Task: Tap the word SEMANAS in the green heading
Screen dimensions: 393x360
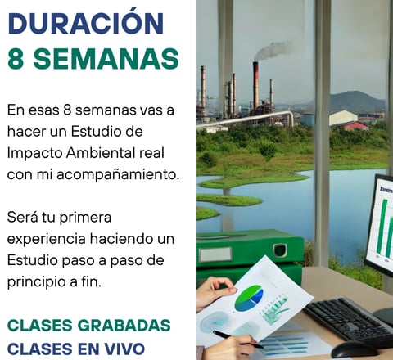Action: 106,59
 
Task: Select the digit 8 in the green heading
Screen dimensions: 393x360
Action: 16,59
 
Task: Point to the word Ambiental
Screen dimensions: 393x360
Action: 102,153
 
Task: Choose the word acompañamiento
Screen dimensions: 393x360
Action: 118,175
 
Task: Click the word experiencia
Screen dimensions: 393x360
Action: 47,240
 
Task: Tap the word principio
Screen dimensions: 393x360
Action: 37,282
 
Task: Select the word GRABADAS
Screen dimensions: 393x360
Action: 124,326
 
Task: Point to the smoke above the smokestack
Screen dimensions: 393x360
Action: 273,51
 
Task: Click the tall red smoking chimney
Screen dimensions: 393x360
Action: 255,86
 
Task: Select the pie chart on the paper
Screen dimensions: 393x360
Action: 249,298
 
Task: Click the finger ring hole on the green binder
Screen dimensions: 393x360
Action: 280,250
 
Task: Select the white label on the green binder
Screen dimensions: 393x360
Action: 215,254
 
